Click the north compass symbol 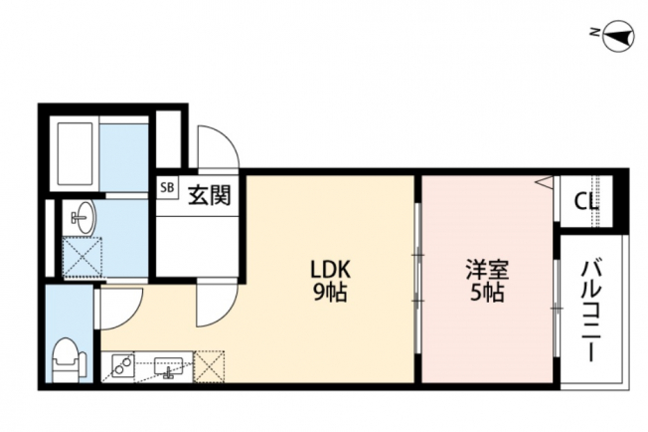coord(618,36)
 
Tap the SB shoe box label coord(167,188)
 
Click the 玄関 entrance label coord(209,195)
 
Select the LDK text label coord(331,270)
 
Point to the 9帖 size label coord(330,293)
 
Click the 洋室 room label coord(487,270)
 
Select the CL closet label coord(586,201)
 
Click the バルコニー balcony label coord(591,312)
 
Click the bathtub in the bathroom coord(75,154)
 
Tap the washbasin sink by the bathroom coord(82,218)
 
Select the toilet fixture coord(69,360)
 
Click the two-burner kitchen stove coord(123,366)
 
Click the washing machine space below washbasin coord(81,257)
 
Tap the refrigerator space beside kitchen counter coord(209,366)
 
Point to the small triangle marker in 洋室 coord(545,181)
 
